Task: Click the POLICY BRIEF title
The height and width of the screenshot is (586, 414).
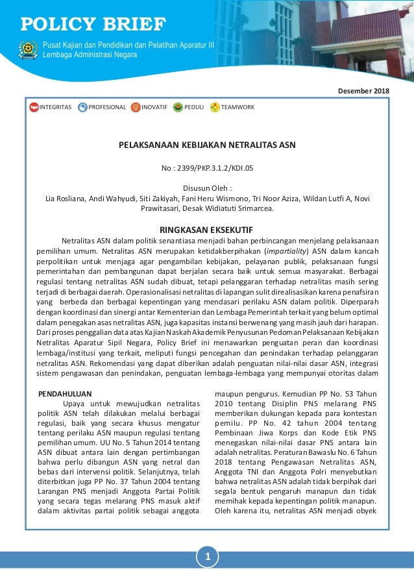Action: pyautogui.click(x=93, y=25)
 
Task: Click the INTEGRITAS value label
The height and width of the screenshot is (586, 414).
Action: pyautogui.click(x=55, y=107)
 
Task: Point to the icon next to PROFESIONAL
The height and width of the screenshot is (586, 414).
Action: pyautogui.click(x=82, y=107)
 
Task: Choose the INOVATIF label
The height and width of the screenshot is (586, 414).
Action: pyautogui.click(x=154, y=107)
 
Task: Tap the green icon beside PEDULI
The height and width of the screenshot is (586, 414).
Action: pyautogui.click(x=178, y=107)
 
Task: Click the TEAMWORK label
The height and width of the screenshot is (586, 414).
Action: pyautogui.click(x=237, y=107)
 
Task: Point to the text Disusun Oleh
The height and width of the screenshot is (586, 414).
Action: pyautogui.click(x=207, y=189)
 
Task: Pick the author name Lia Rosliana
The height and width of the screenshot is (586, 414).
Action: pyautogui.click(x=64, y=199)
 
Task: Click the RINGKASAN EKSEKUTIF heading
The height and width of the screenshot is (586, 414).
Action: pyautogui.click(x=207, y=229)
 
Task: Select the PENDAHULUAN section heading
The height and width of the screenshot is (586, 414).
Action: pyautogui.click(x=65, y=393)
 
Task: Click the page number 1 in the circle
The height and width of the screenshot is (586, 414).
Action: pyautogui.click(x=207, y=556)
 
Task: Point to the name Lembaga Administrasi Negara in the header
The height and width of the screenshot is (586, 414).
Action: pyautogui.click(x=90, y=55)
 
